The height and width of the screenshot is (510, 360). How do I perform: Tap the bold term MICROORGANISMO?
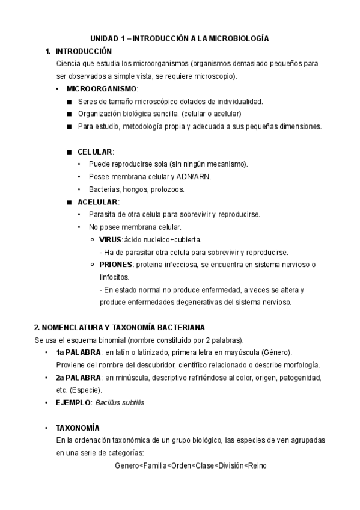(x=102, y=89)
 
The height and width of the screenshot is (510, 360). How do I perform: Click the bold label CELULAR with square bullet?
(x=95, y=152)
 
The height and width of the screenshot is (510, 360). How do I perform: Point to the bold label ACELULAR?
(x=99, y=201)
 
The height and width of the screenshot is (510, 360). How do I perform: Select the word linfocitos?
(x=114, y=277)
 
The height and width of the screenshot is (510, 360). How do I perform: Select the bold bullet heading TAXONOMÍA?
(x=78, y=428)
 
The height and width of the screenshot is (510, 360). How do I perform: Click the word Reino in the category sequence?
(x=257, y=466)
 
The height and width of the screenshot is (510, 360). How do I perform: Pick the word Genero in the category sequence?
(x=126, y=466)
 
